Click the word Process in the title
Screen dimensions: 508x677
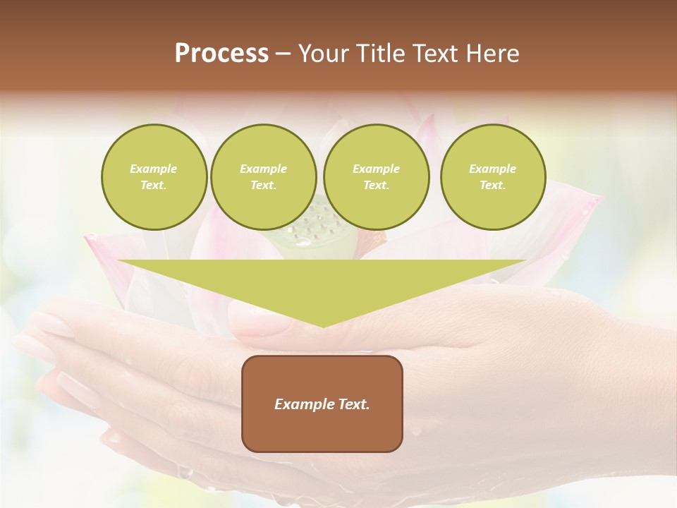click(x=221, y=54)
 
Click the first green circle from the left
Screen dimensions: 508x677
click(x=154, y=177)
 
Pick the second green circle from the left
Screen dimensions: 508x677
click(x=263, y=177)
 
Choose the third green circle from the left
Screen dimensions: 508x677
click(x=376, y=177)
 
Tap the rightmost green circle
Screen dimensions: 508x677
click(x=493, y=177)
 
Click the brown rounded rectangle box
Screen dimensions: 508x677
click(x=322, y=404)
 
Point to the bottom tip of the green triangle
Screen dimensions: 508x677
click(x=323, y=327)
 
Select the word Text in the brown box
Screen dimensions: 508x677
click(x=354, y=404)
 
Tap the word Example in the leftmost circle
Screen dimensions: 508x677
click(x=154, y=169)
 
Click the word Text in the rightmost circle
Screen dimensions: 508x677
click(x=492, y=186)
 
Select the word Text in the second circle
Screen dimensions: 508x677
click(x=262, y=186)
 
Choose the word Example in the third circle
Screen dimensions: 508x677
click(x=376, y=169)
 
